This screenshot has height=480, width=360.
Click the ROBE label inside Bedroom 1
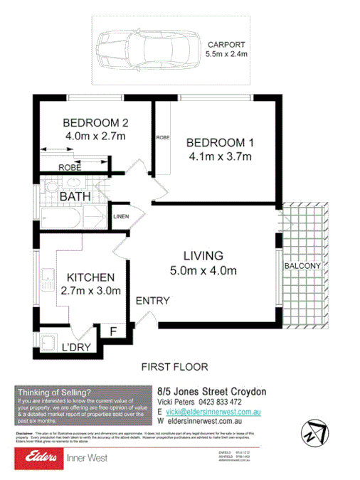click(163, 137)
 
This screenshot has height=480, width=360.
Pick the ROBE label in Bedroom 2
click(70, 168)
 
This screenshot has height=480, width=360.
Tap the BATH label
click(75, 196)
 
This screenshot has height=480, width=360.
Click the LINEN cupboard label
click(120, 216)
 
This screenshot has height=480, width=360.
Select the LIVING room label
click(203, 255)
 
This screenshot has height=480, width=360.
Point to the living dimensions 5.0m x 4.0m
click(203, 270)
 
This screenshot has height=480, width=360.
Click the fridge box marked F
click(112, 331)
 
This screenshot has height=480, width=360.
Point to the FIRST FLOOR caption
click(174, 368)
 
